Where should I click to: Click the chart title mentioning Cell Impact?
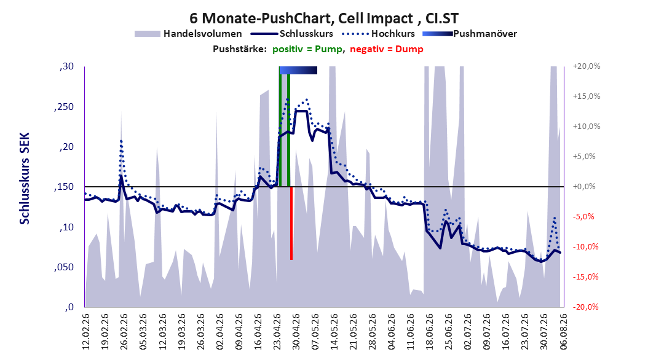coord(324,18)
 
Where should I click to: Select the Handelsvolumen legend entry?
coord(188,34)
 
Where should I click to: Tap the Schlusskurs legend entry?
coord(292,34)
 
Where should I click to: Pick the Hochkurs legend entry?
coord(378,34)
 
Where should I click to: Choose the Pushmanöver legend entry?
coord(470,34)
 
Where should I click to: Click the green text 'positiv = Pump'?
coord(307,49)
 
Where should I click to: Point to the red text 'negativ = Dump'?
coord(387,49)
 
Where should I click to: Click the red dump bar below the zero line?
coord(291,223)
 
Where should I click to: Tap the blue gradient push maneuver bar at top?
coord(298,71)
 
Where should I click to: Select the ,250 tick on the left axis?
coord(65,107)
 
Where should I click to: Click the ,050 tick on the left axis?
coord(65,267)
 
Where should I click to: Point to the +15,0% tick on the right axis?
coord(587,96)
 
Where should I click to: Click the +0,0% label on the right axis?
coord(584,187)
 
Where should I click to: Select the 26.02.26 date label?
coord(124,332)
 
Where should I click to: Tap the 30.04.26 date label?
coord(296,332)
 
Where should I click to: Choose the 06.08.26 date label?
coord(563,332)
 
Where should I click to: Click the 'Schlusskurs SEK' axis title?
coord(25,178)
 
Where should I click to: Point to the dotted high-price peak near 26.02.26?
coord(121,141)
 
